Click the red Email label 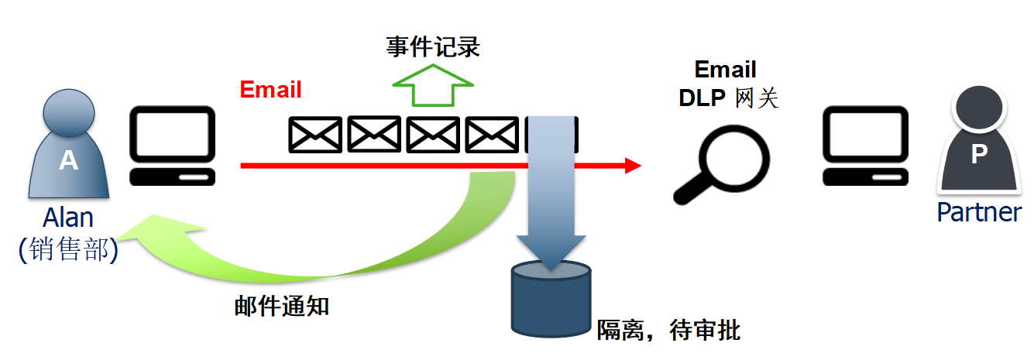click(270, 90)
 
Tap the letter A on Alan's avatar click(69, 160)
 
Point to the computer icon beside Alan click(172, 146)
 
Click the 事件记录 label click(433, 48)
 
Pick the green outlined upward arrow click(432, 87)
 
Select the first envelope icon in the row click(315, 135)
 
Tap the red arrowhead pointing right click(633, 165)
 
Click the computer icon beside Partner click(864, 146)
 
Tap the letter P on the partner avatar click(979, 155)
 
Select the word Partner click(979, 211)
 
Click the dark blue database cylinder click(551, 298)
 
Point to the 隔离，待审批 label click(668, 331)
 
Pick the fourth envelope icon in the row click(493, 135)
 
